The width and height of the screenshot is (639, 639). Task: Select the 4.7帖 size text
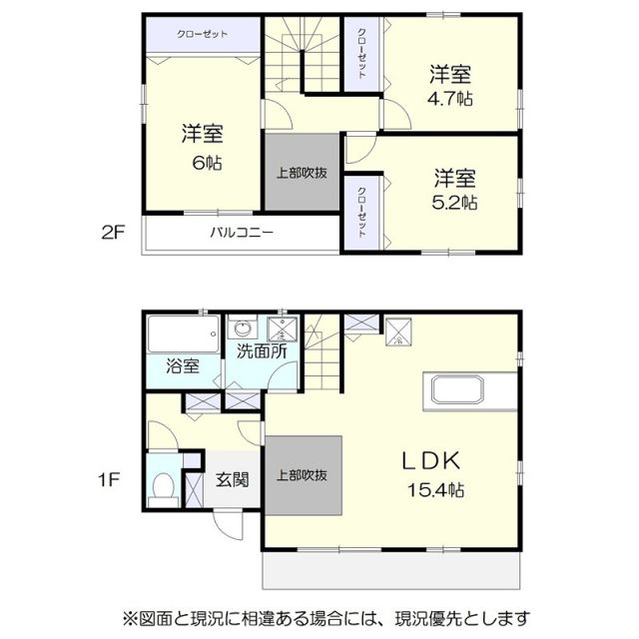451,99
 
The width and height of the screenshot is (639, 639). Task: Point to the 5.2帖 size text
455,203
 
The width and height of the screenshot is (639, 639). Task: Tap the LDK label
430,460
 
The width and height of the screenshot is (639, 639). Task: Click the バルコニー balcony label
242,235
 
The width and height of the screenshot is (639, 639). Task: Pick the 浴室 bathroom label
182,366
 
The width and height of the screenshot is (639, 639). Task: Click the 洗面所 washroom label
263,351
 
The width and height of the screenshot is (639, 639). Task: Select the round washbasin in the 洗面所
241,329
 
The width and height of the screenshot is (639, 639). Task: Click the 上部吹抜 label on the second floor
303,172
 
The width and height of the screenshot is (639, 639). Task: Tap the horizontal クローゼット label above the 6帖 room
203,35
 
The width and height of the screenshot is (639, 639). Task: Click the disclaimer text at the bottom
325,616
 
